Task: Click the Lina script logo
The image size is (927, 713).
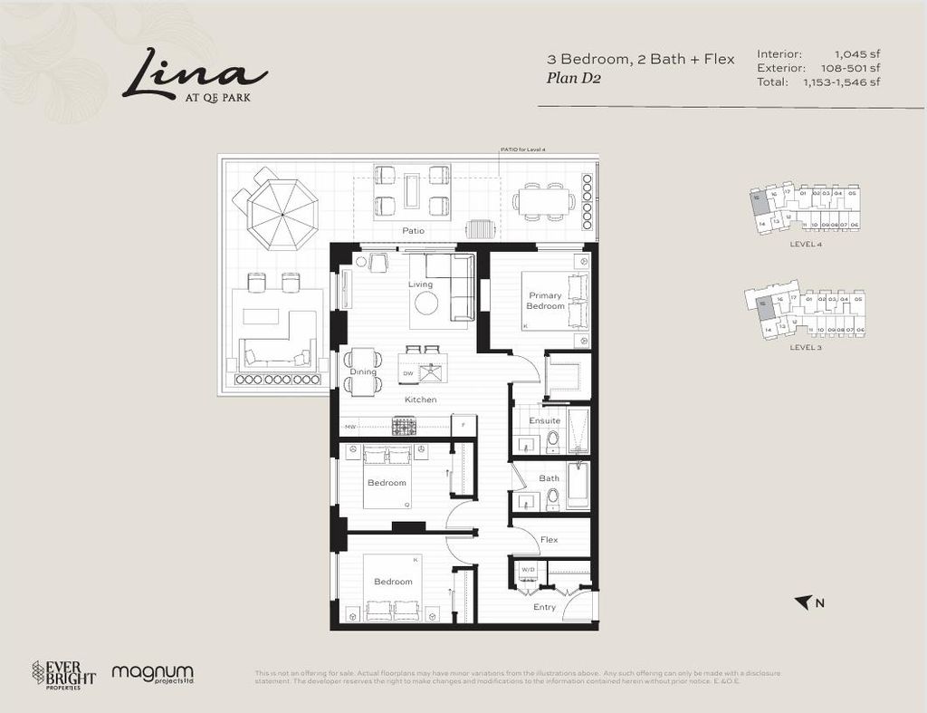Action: click(x=194, y=73)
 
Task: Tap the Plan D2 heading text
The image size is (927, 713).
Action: click(x=574, y=78)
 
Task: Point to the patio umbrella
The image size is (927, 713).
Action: click(x=282, y=214)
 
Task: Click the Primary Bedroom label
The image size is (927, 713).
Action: click(x=546, y=301)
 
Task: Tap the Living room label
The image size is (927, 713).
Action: click(x=420, y=284)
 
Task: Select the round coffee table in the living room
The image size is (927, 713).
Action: click(x=426, y=303)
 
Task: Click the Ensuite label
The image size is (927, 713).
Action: click(x=544, y=420)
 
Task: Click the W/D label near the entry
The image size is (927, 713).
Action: click(x=527, y=570)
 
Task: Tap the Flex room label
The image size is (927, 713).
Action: click(x=549, y=540)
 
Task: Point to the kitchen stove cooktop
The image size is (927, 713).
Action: click(x=404, y=425)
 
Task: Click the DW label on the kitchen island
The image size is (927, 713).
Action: click(x=408, y=372)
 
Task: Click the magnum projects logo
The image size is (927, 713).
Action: click(x=153, y=674)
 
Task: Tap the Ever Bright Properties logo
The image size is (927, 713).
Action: click(x=63, y=673)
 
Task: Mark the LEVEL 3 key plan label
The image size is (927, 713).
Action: click(x=805, y=347)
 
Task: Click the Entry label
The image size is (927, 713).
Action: click(x=544, y=607)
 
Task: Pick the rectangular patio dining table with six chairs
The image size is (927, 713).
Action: click(x=544, y=201)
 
